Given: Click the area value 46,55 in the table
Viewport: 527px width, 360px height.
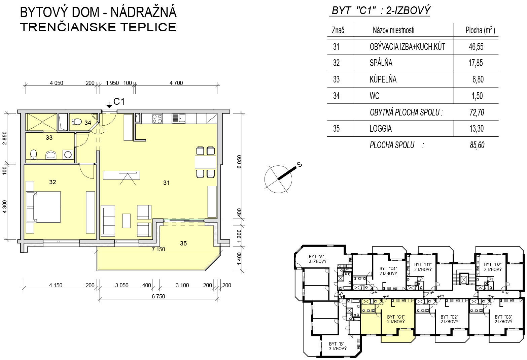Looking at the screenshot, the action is tap(476, 46).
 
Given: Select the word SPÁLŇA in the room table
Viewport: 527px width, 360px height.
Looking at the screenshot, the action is tap(381, 63).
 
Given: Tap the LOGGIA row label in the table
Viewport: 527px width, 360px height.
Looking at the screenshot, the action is tap(381, 129).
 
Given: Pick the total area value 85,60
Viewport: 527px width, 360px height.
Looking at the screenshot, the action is tap(477, 145).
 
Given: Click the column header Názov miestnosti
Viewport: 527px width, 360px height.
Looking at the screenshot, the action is tap(393, 30).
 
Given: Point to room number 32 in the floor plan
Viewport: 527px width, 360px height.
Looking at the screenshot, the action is tap(52, 182).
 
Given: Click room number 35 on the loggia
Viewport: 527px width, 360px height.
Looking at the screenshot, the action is tap(183, 243).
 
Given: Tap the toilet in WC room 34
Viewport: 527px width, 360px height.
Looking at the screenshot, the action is tap(77, 122).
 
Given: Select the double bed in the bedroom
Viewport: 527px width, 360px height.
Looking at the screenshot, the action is tap(43, 207).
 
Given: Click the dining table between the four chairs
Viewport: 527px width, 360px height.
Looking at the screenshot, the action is tap(205, 162).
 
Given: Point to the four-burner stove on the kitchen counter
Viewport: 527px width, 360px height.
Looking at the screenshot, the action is tap(157, 119).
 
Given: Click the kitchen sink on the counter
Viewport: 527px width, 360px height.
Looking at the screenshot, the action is tap(179, 119).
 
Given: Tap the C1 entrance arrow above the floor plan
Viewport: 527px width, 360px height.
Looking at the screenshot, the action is tap(109, 105).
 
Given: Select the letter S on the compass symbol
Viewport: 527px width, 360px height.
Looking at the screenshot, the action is tap(299, 164).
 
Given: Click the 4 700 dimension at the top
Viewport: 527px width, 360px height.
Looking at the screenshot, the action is tap(176, 83).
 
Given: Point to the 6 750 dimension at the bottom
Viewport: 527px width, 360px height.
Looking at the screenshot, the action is tap(158, 296).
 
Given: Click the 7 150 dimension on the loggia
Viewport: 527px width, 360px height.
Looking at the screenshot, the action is tap(158, 249).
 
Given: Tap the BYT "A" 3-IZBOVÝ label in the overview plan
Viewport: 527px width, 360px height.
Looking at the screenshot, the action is tap(318, 259).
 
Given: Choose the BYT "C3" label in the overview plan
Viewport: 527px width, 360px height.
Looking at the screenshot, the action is tap(503, 319).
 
